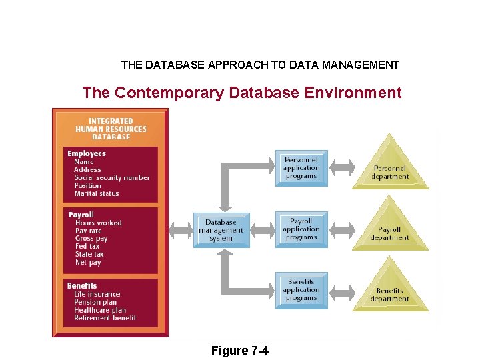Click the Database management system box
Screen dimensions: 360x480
click(220, 231)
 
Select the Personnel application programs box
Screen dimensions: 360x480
click(301, 168)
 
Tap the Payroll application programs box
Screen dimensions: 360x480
click(301, 229)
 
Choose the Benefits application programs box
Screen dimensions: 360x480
click(301, 290)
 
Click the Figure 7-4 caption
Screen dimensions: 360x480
click(239, 351)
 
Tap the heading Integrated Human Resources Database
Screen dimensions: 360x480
click(111, 129)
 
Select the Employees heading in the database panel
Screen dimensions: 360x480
click(87, 153)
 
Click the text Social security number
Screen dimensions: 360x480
click(112, 177)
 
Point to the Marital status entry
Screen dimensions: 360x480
click(97, 193)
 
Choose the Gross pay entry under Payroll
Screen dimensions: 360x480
click(91, 239)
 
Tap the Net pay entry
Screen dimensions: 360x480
click(88, 262)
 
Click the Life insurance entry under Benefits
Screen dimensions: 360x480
click(97, 294)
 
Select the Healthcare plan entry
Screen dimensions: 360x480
click(100, 310)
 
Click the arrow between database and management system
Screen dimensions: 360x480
click(181, 231)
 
